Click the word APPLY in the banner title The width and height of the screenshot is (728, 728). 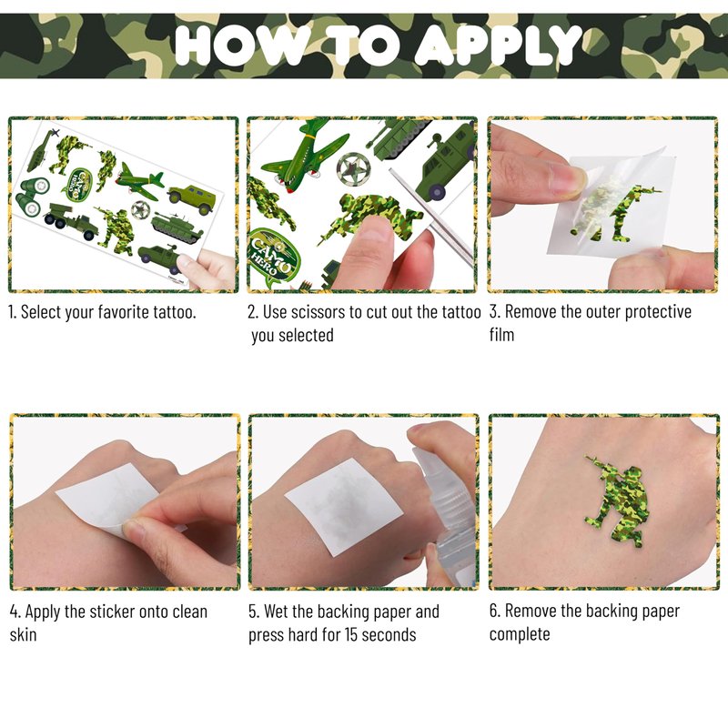click(x=498, y=45)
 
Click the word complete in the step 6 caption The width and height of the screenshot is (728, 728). click(x=520, y=634)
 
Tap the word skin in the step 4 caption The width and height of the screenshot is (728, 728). click(x=24, y=634)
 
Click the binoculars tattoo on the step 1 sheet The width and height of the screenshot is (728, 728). click(x=31, y=197)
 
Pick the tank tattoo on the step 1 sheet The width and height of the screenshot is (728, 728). click(x=177, y=227)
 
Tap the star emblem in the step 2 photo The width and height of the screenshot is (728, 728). click(x=354, y=169)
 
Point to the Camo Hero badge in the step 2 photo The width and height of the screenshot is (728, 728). click(x=275, y=258)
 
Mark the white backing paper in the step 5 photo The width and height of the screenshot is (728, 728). click(x=343, y=507)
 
